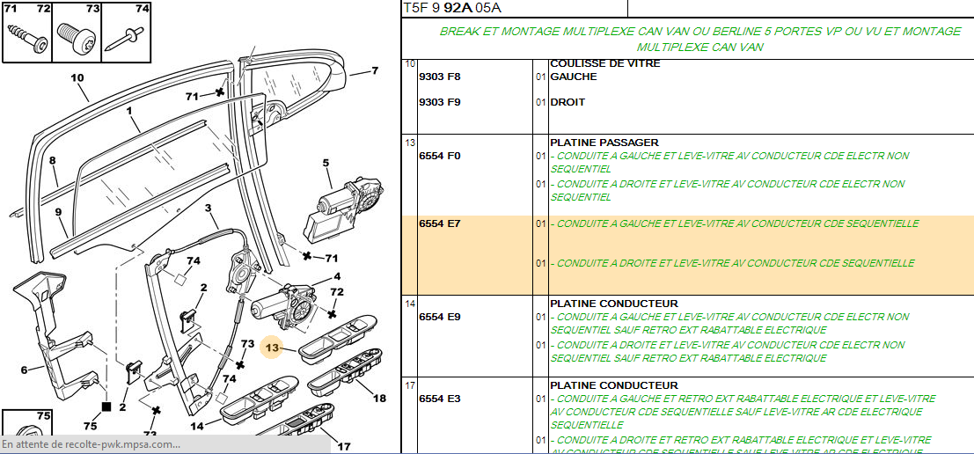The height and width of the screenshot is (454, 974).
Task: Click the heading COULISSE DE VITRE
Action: coord(605,63)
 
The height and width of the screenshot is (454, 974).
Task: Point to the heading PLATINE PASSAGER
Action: coord(604,143)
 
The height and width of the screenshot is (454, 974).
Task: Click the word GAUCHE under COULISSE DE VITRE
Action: coord(574,77)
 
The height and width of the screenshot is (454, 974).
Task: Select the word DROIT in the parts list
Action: coord(568,102)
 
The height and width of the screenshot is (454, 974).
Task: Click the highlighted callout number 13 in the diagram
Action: coord(273,348)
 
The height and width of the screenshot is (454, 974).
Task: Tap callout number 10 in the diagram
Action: coord(77,78)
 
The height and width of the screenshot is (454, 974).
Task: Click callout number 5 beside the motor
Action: coord(326,164)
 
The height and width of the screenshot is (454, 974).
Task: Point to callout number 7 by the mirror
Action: coord(375,70)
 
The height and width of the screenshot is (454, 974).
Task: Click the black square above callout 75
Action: coord(106,406)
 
